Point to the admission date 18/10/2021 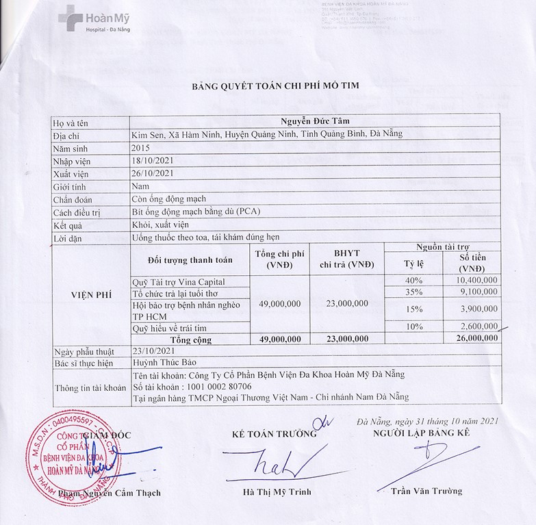pyautogui.click(x=153, y=160)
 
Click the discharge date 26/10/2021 pyautogui.click(x=153, y=173)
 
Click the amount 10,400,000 pyautogui.click(x=476, y=281)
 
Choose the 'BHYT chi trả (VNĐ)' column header pyautogui.click(x=345, y=259)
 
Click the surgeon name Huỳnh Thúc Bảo pyautogui.click(x=163, y=363)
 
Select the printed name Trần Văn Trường pyautogui.click(x=426, y=491)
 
